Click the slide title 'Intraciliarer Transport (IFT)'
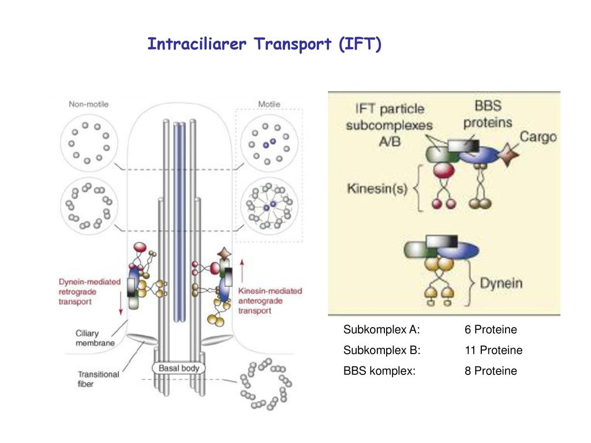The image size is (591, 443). (x=264, y=44)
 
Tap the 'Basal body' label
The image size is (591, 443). (x=179, y=368)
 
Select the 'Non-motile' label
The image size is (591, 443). (x=88, y=104)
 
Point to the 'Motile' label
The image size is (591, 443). (x=269, y=104)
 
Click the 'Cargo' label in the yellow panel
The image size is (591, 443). (x=538, y=137)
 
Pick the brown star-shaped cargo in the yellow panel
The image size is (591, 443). (x=508, y=155)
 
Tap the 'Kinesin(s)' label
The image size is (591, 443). (x=377, y=188)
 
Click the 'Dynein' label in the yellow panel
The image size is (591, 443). (x=501, y=283)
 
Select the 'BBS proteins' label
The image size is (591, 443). (x=488, y=114)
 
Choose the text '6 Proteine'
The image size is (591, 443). (x=491, y=329)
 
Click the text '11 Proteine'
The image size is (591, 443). (x=494, y=350)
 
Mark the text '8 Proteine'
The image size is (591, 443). (x=491, y=371)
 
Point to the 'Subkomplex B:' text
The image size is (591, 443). (x=382, y=350)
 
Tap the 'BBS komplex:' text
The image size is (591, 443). (x=380, y=371)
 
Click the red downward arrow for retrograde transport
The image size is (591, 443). (x=121, y=303)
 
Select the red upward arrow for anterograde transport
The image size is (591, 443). (x=242, y=270)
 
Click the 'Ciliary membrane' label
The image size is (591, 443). (x=95, y=338)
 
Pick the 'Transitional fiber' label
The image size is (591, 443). (x=98, y=379)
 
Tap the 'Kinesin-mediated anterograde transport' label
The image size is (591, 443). (x=270, y=301)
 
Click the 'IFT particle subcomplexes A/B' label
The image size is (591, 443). (x=390, y=125)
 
